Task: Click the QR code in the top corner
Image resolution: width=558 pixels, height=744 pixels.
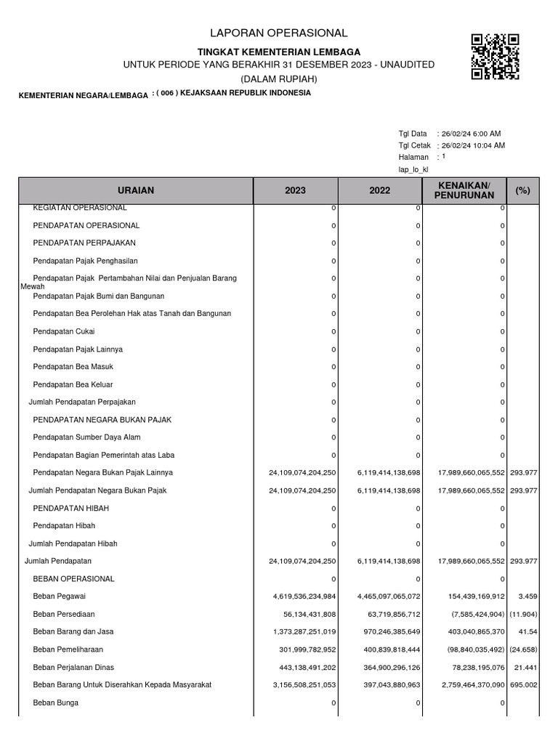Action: click(x=495, y=56)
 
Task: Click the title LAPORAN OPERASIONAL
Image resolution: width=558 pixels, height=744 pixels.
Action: click(x=279, y=33)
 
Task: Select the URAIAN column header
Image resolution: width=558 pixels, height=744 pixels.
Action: click(x=136, y=190)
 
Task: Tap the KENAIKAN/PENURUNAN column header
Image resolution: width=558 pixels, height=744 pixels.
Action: click(x=465, y=190)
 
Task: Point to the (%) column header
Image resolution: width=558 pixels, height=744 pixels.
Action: click(x=522, y=190)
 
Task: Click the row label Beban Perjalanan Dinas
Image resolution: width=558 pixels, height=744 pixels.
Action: click(x=73, y=667)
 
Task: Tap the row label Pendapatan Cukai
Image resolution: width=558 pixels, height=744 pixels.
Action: click(x=64, y=331)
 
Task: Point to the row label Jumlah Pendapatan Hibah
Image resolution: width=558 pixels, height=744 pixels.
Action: click(x=73, y=543)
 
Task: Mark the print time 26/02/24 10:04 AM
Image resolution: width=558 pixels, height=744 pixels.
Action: click(x=473, y=145)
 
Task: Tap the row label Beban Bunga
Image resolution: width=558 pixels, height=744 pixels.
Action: click(x=56, y=703)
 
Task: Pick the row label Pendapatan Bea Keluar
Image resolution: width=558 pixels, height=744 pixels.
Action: click(x=73, y=384)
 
